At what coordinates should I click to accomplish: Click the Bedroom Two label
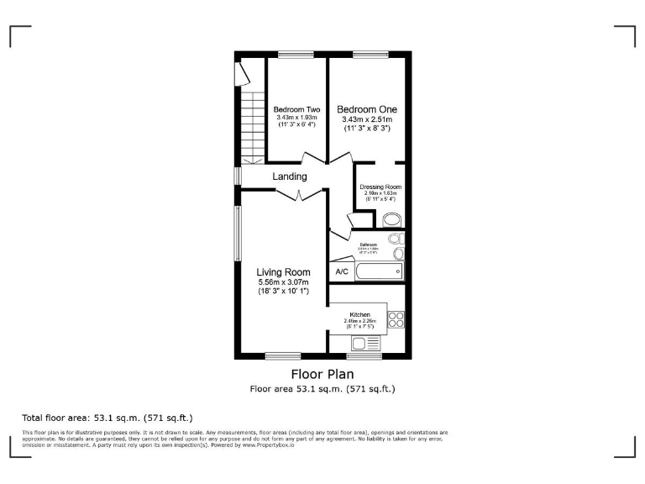pyautogui.click(x=296, y=109)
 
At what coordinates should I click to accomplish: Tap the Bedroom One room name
pyautogui.click(x=367, y=109)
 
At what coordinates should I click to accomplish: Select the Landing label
pyautogui.click(x=290, y=176)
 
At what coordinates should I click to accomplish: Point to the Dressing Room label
pyautogui.click(x=380, y=187)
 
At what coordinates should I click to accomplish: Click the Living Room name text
pyautogui.click(x=283, y=272)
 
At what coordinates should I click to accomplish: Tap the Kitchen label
pyautogui.click(x=359, y=314)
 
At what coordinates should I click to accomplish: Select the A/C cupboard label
pyautogui.click(x=342, y=272)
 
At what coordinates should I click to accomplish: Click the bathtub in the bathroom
pyautogui.click(x=380, y=271)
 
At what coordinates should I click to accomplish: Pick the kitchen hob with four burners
pyautogui.click(x=396, y=320)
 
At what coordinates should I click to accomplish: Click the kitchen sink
pyautogui.click(x=366, y=342)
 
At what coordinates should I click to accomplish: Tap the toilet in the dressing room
pyautogui.click(x=391, y=220)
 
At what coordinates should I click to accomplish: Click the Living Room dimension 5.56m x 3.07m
pyautogui.click(x=283, y=282)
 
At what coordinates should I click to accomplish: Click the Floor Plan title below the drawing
pyautogui.click(x=322, y=374)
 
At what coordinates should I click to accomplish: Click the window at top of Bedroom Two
pyautogui.click(x=291, y=55)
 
